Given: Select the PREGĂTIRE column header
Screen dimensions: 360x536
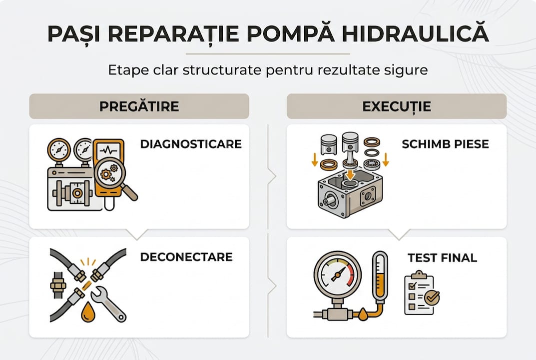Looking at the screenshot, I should tap(139, 106).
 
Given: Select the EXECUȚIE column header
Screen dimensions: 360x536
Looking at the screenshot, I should tap(397, 106).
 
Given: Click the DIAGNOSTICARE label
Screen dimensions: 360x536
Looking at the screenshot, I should tap(191, 144).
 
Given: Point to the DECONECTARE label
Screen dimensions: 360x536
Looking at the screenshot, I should tap(186, 257).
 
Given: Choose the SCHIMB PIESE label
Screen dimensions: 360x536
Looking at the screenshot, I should tap(445, 144).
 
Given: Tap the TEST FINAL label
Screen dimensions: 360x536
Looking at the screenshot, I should tap(442, 258).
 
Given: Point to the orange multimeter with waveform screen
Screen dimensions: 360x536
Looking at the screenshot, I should tap(108, 160).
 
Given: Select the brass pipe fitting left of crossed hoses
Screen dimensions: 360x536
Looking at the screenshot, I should tap(58, 285).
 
